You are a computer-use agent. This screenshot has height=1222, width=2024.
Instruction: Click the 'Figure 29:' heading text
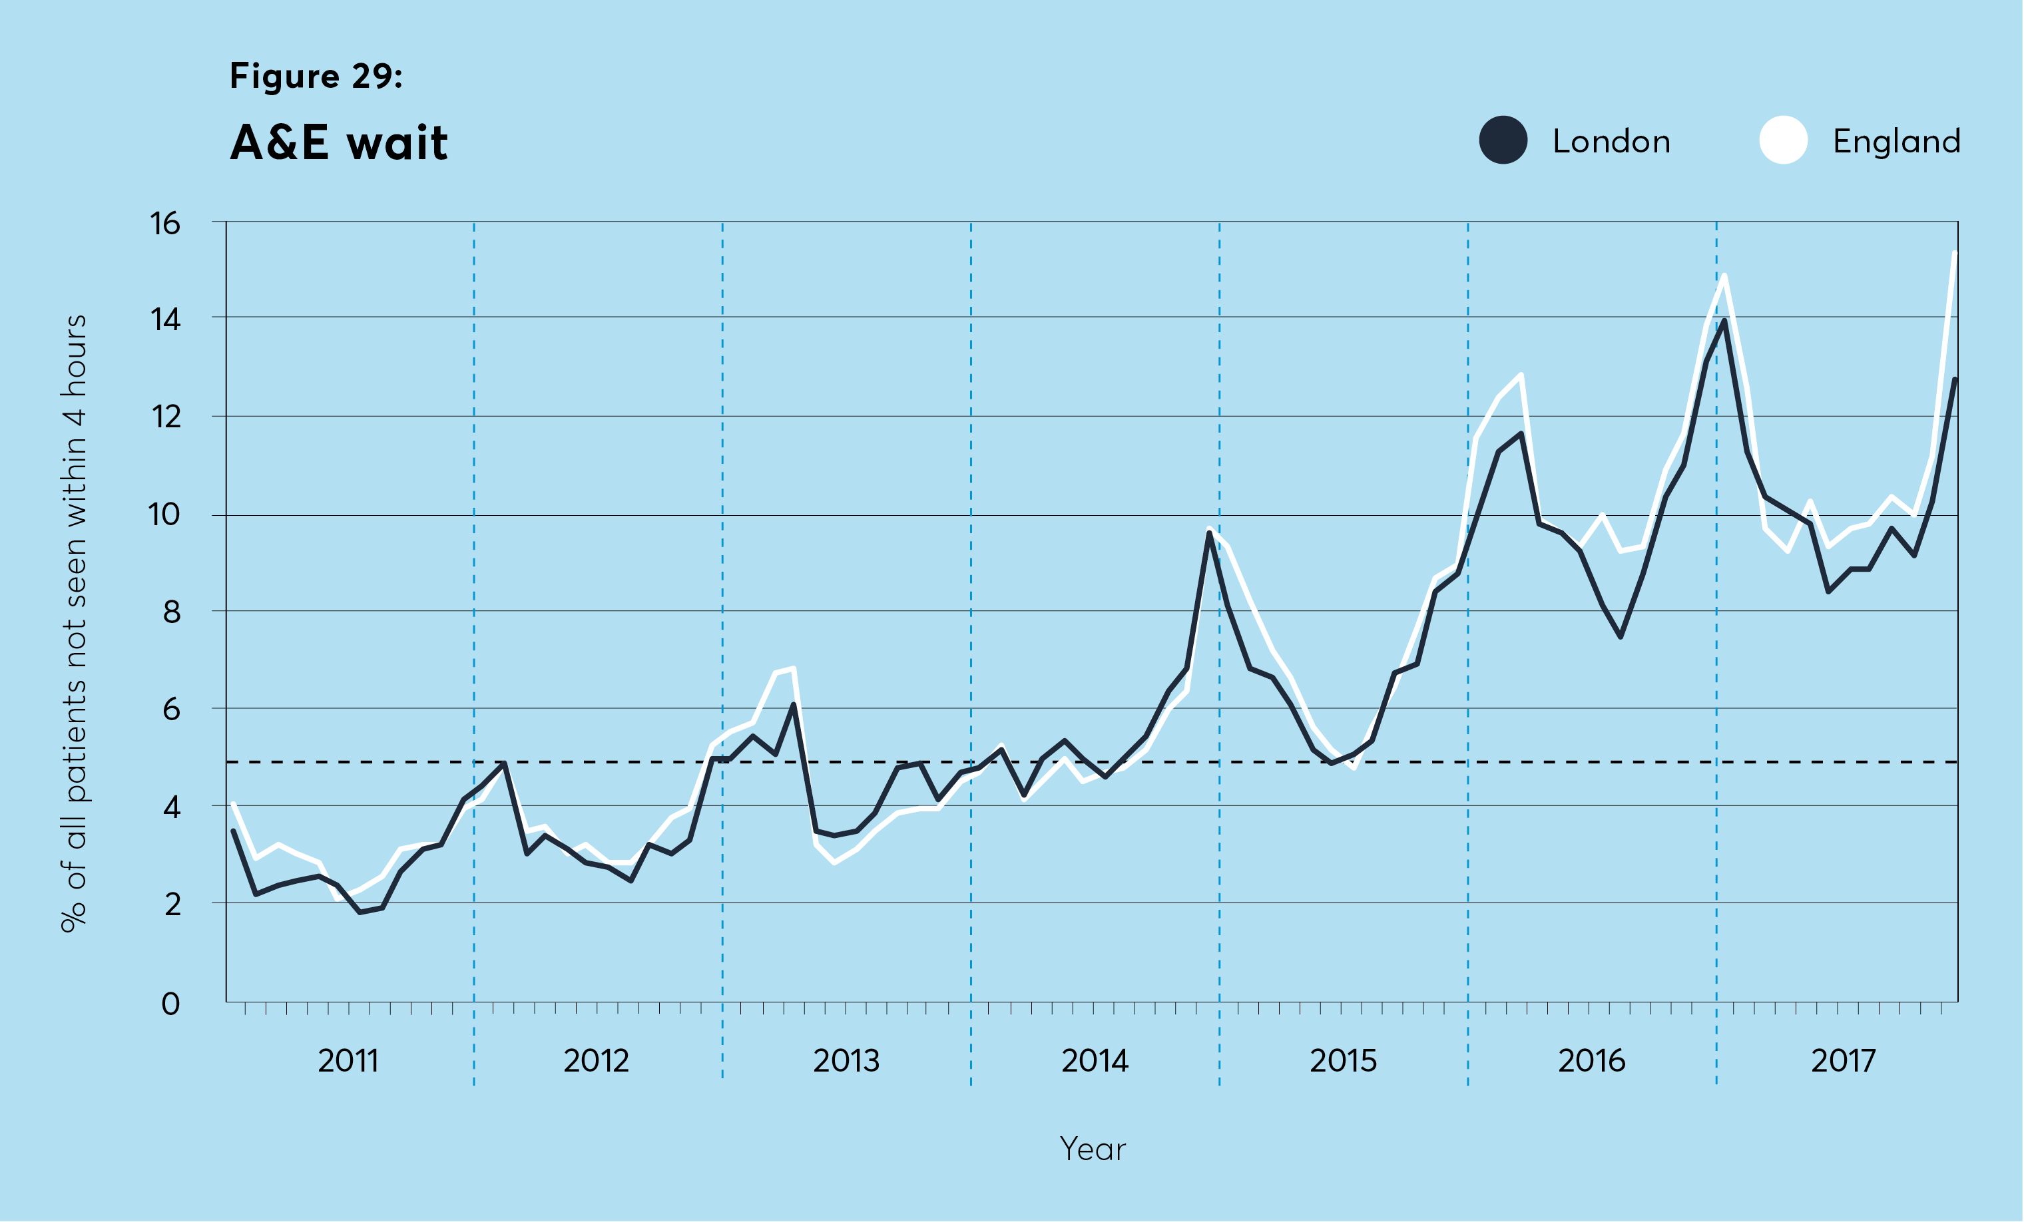[316, 77]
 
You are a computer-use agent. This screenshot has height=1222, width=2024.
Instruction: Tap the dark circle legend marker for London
[1503, 140]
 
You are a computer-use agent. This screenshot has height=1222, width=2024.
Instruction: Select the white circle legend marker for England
[1784, 140]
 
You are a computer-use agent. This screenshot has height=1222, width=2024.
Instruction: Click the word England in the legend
[1897, 142]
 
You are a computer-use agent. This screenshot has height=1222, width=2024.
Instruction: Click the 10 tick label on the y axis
[164, 515]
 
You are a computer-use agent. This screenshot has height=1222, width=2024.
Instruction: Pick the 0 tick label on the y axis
[170, 1004]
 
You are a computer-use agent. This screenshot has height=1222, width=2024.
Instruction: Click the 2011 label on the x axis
[348, 1061]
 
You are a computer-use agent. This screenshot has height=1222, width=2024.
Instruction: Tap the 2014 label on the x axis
[1095, 1061]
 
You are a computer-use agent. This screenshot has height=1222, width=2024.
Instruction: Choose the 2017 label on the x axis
[1844, 1061]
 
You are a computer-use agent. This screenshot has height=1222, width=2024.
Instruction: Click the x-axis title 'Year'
[1093, 1149]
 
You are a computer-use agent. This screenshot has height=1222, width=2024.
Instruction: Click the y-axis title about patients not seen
[74, 624]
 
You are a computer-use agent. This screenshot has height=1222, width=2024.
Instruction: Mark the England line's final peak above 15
[1955, 254]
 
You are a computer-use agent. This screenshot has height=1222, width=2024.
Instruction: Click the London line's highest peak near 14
[1724, 321]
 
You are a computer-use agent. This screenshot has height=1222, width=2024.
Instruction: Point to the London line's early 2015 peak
[1210, 533]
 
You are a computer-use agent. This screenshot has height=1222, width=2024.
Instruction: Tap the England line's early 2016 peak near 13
[1521, 375]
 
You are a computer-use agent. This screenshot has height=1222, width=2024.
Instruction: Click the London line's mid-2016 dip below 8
[1621, 636]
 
